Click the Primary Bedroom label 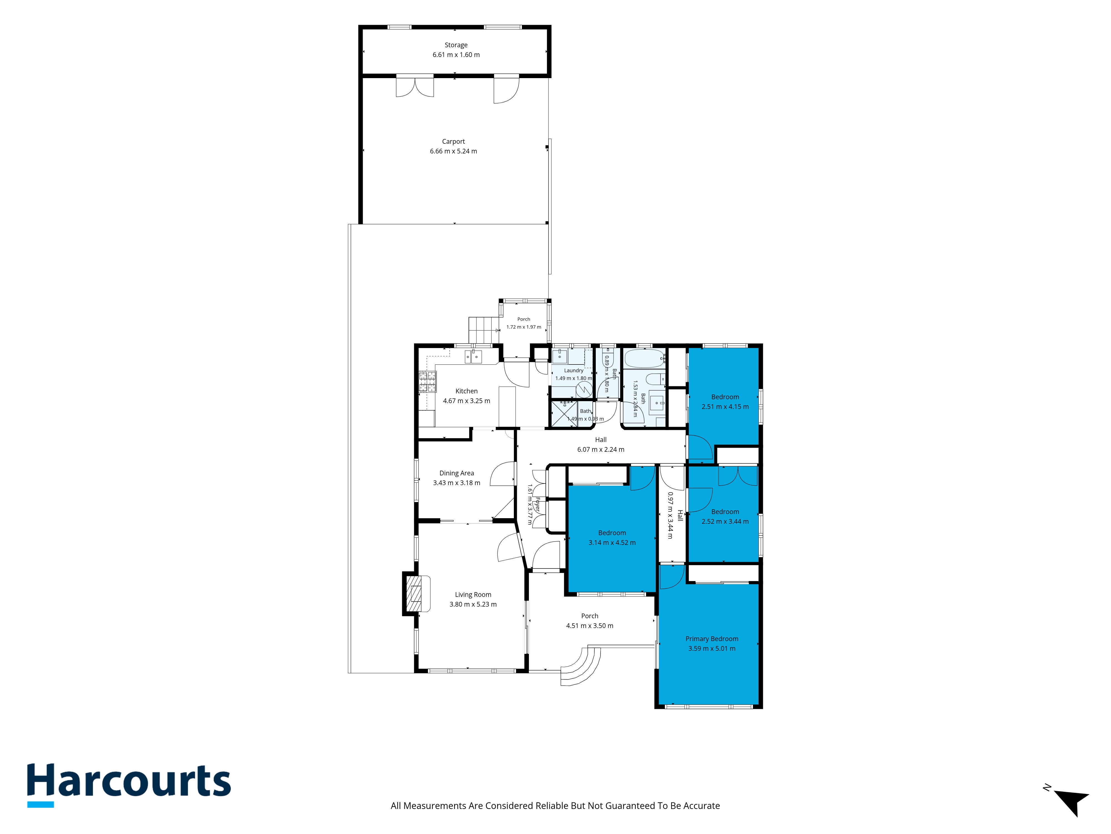click(712, 639)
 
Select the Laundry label click(574, 371)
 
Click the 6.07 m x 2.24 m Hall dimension click(601, 450)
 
